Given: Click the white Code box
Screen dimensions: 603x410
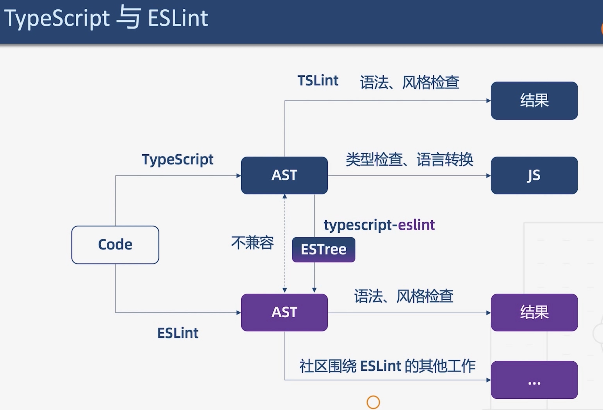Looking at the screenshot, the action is click(115, 245).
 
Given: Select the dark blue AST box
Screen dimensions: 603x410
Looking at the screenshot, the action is click(284, 175).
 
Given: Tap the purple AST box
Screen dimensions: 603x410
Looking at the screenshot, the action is click(284, 312).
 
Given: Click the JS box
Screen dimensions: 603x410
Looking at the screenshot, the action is click(534, 175).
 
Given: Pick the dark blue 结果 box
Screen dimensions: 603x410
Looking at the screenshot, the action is click(534, 101).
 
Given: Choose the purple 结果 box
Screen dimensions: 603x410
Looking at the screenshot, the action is click(534, 312).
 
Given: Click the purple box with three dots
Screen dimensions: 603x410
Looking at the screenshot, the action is click(534, 380).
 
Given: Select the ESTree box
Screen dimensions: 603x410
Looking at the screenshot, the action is click(324, 250).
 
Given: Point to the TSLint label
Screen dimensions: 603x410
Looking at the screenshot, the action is click(318, 80).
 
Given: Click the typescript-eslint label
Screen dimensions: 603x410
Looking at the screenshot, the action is click(379, 225).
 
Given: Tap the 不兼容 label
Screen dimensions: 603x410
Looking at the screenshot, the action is click(252, 243).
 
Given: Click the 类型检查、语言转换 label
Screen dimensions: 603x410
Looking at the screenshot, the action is click(409, 159).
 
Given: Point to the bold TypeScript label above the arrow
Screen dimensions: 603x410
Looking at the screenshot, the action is click(178, 160).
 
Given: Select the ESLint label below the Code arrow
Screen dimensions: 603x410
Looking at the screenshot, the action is click(178, 333).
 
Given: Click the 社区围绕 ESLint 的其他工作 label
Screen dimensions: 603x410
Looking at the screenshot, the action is click(387, 366).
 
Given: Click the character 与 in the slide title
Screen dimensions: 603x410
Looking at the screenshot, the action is click(128, 18).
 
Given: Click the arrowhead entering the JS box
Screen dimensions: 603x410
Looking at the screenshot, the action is click(489, 176).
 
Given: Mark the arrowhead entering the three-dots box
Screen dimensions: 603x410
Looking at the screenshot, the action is click(489, 380).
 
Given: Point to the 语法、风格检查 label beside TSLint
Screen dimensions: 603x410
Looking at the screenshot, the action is click(409, 82).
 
